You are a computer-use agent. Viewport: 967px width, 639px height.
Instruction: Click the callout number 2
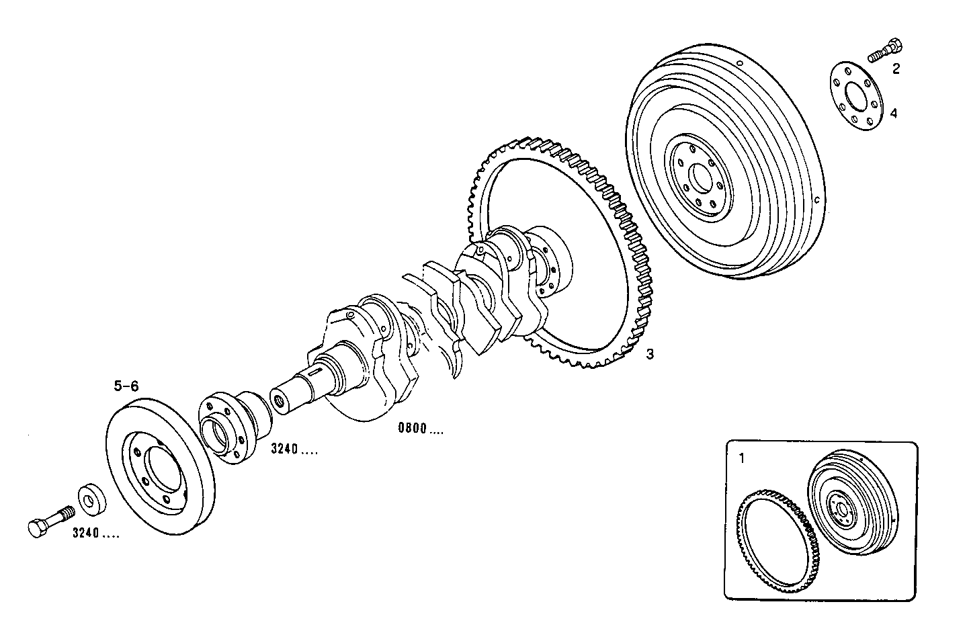point(896,69)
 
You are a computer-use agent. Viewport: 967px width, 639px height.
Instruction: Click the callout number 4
point(894,113)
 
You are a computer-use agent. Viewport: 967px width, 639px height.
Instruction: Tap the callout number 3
point(650,354)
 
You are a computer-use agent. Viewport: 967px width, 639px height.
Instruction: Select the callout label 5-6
point(126,386)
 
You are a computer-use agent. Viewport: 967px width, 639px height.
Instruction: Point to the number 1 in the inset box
point(742,458)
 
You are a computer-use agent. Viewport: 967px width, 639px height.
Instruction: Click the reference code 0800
point(413,428)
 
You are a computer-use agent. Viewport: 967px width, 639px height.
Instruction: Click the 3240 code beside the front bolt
point(86,533)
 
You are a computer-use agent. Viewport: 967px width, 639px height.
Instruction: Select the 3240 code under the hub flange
point(284,449)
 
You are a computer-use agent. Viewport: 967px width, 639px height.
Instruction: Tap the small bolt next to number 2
point(885,52)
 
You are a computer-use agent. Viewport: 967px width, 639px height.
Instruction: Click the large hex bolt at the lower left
point(51,521)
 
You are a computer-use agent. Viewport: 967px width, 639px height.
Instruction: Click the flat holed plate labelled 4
point(857,97)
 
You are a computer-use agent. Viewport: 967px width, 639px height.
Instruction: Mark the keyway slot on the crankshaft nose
point(314,373)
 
